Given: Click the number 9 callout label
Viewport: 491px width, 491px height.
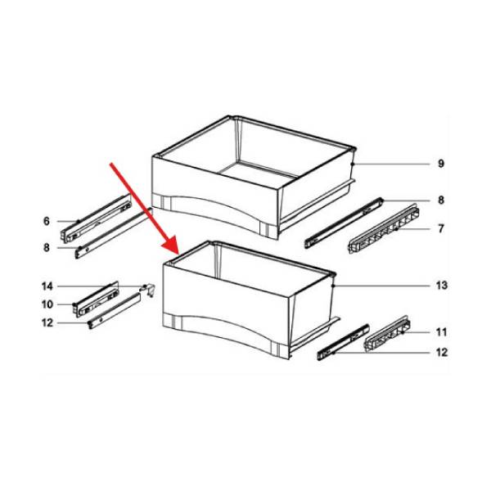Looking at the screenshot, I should (x=440, y=164).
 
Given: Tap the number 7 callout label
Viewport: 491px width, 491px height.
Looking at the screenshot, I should (x=440, y=228).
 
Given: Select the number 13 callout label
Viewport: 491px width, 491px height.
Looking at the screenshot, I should (x=441, y=286).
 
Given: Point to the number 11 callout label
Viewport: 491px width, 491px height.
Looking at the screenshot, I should (x=441, y=332).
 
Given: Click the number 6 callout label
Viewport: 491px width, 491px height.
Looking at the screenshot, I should (x=47, y=221).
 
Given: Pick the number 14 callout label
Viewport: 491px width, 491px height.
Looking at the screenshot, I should (x=47, y=286).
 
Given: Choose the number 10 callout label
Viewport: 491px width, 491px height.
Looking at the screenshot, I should (x=47, y=304).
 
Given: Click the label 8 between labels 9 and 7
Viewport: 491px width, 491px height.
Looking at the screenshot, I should (x=440, y=200).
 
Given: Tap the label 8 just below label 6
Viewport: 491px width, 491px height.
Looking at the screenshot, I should (x=47, y=247).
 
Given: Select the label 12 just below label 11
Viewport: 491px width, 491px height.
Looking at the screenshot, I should (x=441, y=354).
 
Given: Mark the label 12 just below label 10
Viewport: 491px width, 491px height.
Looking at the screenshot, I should (x=47, y=322).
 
